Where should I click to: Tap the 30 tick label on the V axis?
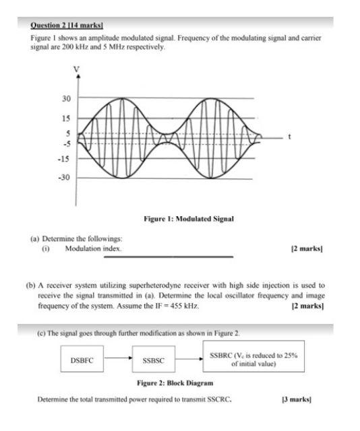pyautogui.click(x=66, y=99)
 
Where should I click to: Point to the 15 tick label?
pyautogui.click(x=66, y=119)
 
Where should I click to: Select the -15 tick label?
pyautogui.click(x=65, y=159)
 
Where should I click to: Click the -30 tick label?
pyautogui.click(x=65, y=178)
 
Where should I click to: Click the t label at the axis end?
pyautogui.click(x=289, y=137)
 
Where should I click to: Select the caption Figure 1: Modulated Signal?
pyautogui.click(x=189, y=219)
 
